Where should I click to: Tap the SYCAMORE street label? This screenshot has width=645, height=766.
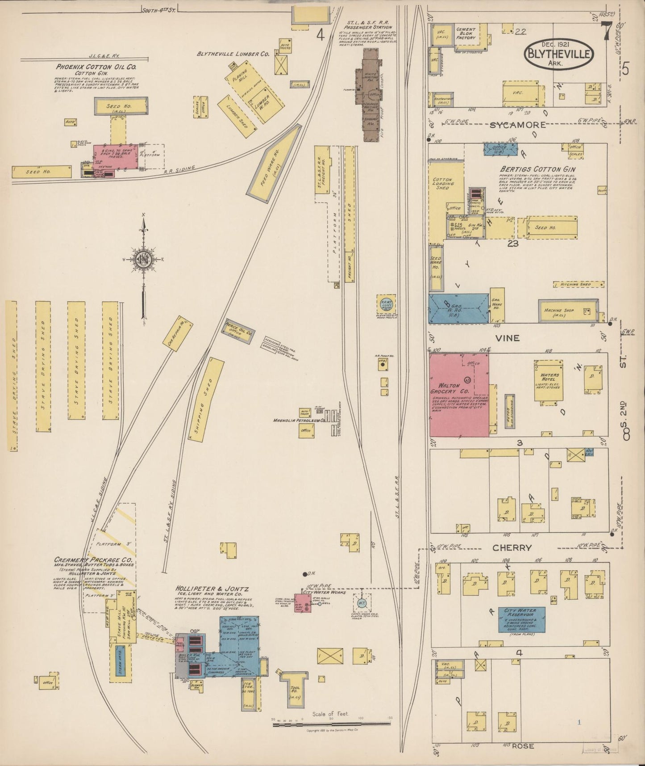pyautogui.click(x=517, y=125)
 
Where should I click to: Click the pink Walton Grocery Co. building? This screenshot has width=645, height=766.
pyautogui.click(x=458, y=396)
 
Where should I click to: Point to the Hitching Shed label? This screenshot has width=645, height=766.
pyautogui.click(x=578, y=284)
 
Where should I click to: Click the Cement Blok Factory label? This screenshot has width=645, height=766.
pyautogui.click(x=466, y=34)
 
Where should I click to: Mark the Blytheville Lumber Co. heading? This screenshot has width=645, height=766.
pyautogui.click(x=233, y=54)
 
